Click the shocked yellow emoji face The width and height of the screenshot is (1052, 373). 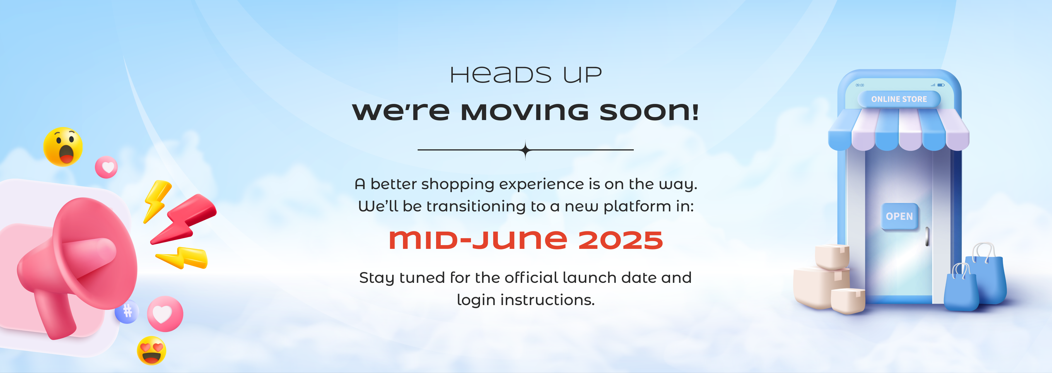click(63, 146)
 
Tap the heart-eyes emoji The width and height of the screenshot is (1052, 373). click(151, 350)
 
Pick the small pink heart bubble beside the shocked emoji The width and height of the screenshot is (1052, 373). click(106, 167)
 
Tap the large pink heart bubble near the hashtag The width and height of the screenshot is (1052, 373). click(165, 314)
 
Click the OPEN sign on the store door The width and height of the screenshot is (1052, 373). click(899, 216)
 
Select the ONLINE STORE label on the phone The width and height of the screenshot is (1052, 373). click(899, 99)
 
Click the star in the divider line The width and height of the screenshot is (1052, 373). click(526, 150)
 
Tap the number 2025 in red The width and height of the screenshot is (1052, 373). click(620, 240)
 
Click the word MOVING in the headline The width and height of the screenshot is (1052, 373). click(525, 112)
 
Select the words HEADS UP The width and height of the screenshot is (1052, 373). click(526, 75)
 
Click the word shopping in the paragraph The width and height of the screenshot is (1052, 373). click(458, 184)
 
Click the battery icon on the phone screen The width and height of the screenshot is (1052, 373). click(941, 85)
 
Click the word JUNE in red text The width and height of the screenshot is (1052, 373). click(520, 240)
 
